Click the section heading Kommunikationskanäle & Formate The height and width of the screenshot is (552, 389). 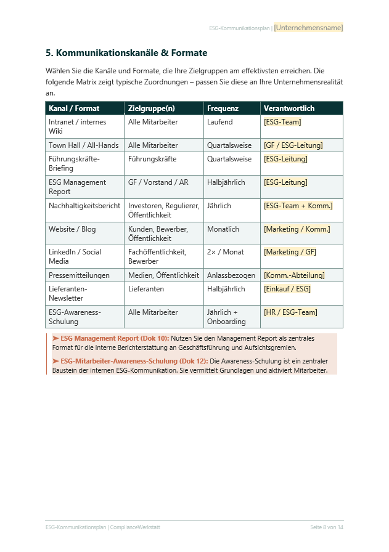(x=126, y=53)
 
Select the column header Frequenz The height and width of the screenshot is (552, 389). (x=223, y=108)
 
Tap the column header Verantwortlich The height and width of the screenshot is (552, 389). (x=289, y=108)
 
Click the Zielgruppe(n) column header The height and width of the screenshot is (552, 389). (x=151, y=108)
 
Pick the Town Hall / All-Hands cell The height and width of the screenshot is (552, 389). (x=83, y=145)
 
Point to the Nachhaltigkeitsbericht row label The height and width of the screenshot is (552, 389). (x=84, y=206)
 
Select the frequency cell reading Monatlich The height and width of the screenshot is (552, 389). (x=223, y=229)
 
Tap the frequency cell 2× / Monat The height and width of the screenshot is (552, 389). (x=225, y=252)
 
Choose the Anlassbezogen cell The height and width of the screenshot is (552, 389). (x=231, y=275)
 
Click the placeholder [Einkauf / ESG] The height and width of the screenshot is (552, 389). (x=287, y=289)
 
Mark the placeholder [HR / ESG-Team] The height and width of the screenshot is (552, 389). (x=290, y=312)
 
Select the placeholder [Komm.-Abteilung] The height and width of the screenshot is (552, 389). (x=293, y=275)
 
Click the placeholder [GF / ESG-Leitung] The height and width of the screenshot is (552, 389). (x=293, y=145)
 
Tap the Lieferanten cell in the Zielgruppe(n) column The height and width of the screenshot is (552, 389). (x=146, y=289)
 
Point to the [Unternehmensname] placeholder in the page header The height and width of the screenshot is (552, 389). (x=308, y=28)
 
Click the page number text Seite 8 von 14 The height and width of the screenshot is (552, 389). (x=327, y=528)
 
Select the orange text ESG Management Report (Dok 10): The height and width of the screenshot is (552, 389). (x=115, y=338)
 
